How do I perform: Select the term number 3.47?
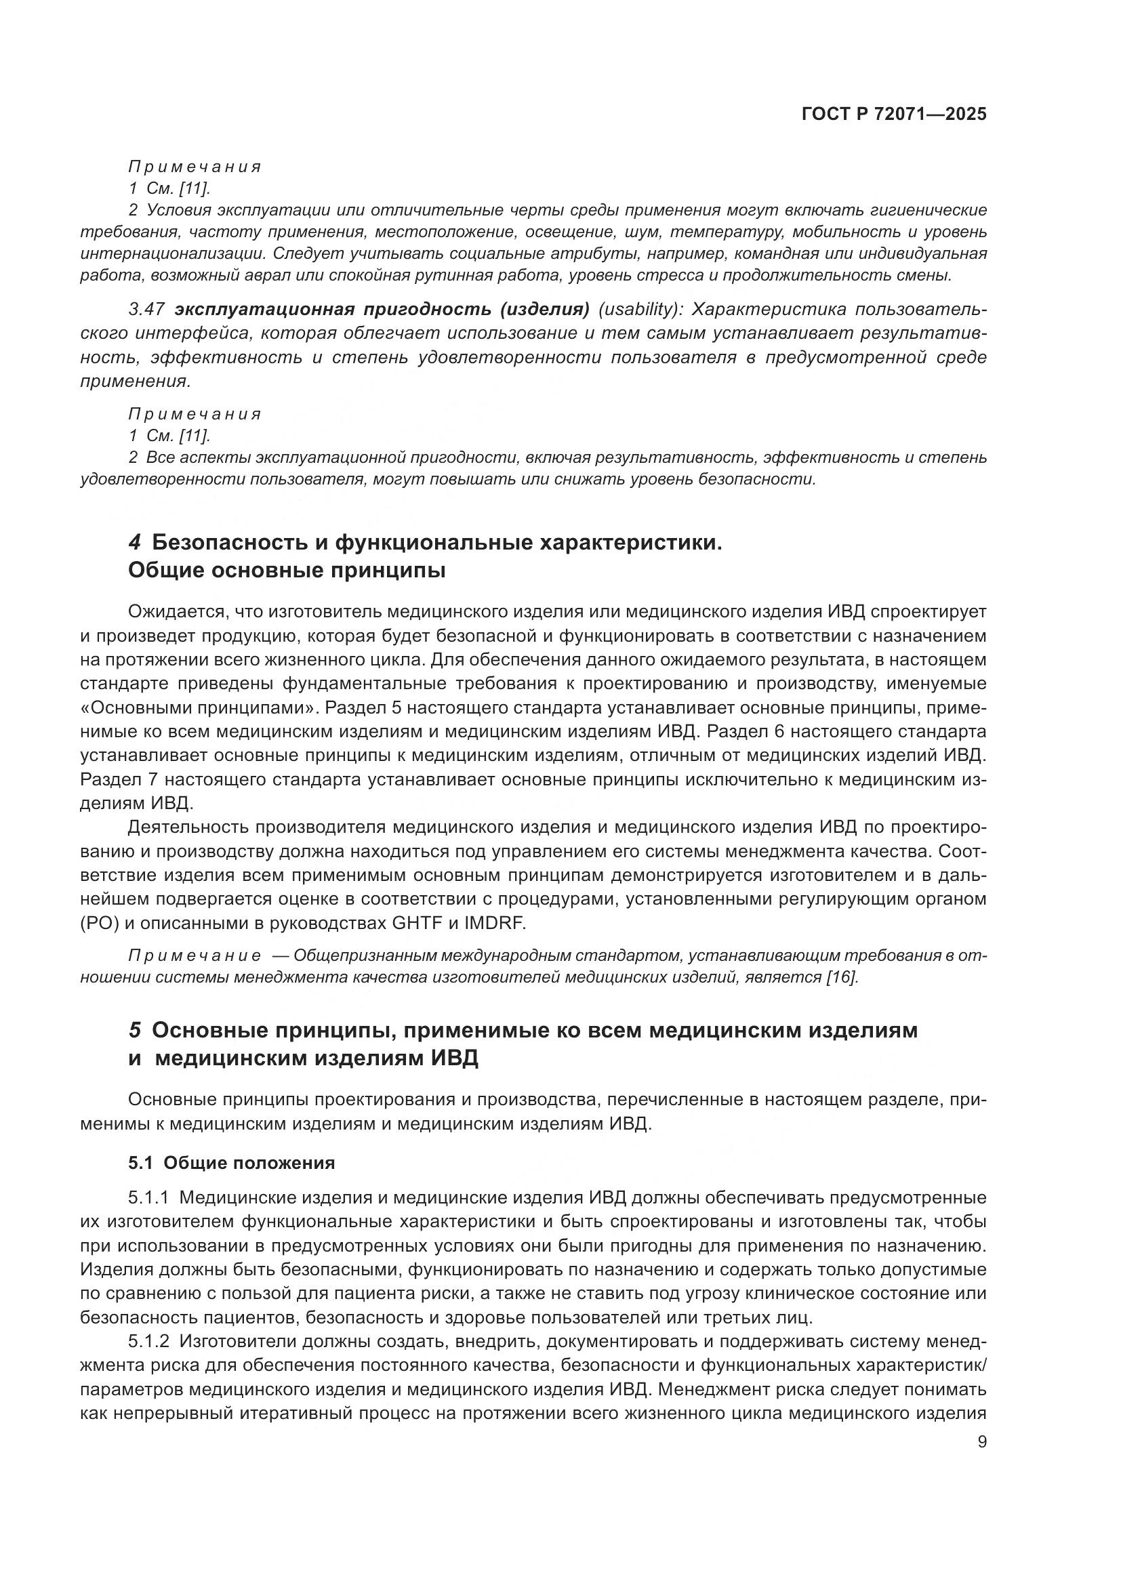coord(146,309)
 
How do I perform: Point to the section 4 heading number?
coord(135,543)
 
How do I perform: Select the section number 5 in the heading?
coord(135,1030)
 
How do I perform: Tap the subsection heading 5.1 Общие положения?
coord(231,1164)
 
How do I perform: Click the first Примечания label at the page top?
coord(195,167)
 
